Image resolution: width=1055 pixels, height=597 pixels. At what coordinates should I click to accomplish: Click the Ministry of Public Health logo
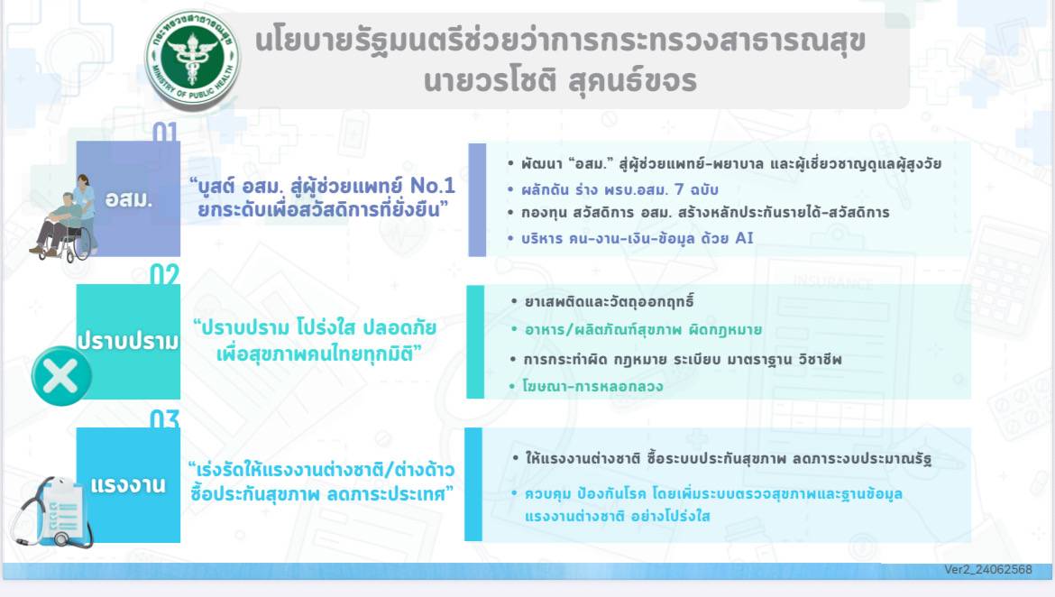tap(192, 60)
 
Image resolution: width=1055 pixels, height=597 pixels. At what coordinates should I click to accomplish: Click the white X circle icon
tap(61, 376)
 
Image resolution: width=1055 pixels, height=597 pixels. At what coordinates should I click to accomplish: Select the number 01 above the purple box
tap(165, 132)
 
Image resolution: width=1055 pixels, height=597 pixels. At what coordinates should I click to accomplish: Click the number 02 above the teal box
tap(165, 275)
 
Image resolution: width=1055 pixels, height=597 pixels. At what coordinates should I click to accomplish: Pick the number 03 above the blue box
tap(165, 418)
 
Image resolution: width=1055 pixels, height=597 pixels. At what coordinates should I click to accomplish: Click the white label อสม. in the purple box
tap(129, 199)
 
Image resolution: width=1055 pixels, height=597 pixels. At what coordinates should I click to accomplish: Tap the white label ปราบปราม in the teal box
tap(128, 341)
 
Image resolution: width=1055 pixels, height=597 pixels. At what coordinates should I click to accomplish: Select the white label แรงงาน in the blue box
tap(128, 484)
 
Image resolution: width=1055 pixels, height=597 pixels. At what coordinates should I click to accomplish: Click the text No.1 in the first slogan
tap(433, 185)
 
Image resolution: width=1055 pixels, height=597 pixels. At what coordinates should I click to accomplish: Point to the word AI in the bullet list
tap(744, 237)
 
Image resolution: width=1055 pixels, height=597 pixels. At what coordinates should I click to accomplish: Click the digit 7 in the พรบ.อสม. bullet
tap(679, 189)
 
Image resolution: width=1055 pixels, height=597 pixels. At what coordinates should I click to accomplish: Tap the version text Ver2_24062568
tap(987, 569)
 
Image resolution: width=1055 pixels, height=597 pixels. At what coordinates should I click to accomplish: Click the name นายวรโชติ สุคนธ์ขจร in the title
tap(561, 81)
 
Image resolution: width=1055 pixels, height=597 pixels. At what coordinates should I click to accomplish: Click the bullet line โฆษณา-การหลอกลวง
tap(592, 386)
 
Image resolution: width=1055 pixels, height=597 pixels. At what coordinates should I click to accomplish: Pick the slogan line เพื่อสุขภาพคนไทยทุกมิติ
tap(318, 354)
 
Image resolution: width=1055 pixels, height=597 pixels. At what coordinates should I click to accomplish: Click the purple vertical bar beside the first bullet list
tap(477, 200)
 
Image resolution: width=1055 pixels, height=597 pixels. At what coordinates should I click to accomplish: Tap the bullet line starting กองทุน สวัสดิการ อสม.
tap(705, 213)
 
